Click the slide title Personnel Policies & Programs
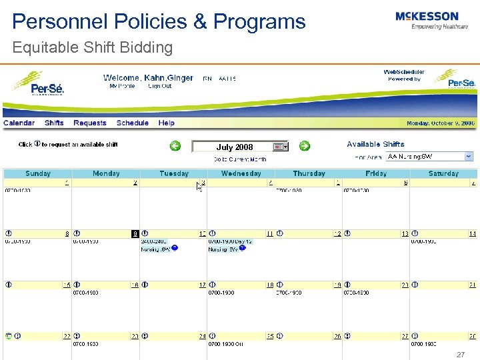click(159, 21)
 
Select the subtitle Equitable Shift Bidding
click(92, 47)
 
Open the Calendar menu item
click(19, 123)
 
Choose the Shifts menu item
click(54, 123)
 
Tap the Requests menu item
click(90, 123)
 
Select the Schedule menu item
click(132, 123)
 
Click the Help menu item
click(166, 123)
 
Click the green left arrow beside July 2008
click(175, 146)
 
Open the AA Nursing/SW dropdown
click(468, 156)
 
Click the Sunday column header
click(37, 173)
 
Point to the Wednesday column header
click(241, 173)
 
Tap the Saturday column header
click(443, 173)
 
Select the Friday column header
click(376, 173)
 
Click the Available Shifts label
click(375, 144)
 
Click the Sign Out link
click(159, 86)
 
